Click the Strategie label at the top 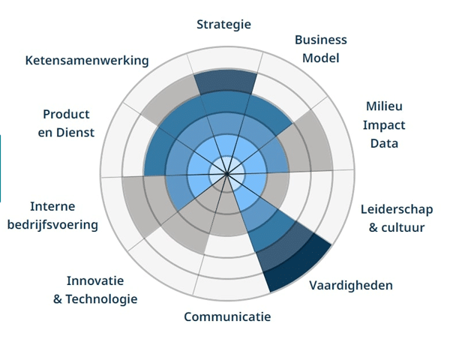coord(223,24)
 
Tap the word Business coord(320,40)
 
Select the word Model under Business coord(320,58)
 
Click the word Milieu coord(384,106)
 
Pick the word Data coord(384,143)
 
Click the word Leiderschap coord(396,209)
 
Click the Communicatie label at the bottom coord(227,316)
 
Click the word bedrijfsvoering coord(52,224)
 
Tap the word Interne coord(52,206)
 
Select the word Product coord(66,114)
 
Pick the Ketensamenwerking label coord(87,60)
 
